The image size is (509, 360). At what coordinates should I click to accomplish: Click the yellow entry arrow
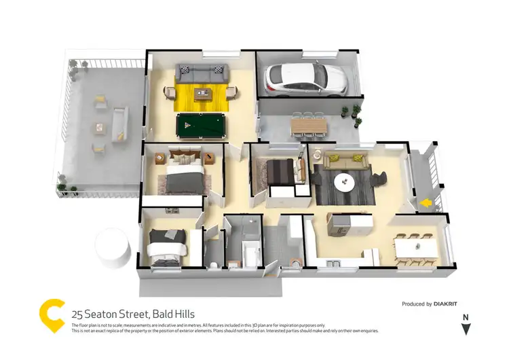pyautogui.click(x=425, y=202)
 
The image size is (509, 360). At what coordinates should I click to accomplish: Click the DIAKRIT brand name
pyautogui.click(x=450, y=304)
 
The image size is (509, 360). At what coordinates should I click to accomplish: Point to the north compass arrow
pyautogui.click(x=466, y=329)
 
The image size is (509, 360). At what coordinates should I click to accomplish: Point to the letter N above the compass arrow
pyautogui.click(x=466, y=317)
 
